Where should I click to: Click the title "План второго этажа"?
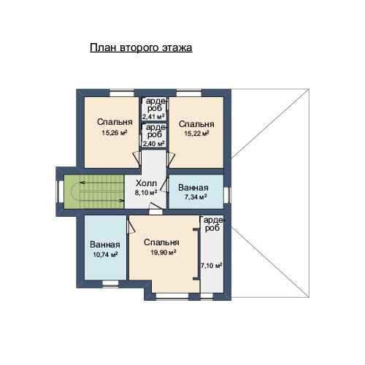pyautogui.click(x=141, y=47)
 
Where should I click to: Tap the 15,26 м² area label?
pyautogui.click(x=115, y=133)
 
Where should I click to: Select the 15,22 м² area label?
pyautogui.click(x=196, y=134)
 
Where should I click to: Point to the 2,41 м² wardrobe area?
pyautogui.click(x=154, y=117)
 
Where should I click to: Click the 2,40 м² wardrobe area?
pyautogui.click(x=154, y=144)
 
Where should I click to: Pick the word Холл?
pyautogui.click(x=146, y=183)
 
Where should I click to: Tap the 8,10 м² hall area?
pyautogui.click(x=146, y=193)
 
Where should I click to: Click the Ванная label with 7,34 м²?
pyautogui.click(x=193, y=188)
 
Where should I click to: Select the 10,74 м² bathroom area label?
pyautogui.click(x=105, y=255)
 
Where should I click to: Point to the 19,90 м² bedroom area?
pyautogui.click(x=164, y=253)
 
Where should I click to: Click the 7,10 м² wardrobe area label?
pyautogui.click(x=211, y=265)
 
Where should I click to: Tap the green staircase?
pyautogui.click(x=94, y=192)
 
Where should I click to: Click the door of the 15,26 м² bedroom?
pyautogui.click(x=137, y=158)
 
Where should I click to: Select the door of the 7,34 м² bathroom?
pyautogui.click(x=164, y=185)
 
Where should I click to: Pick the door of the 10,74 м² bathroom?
pyautogui.click(x=131, y=226)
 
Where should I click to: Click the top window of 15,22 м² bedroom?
pyautogui.click(x=189, y=93)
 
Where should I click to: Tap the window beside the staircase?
pyautogui.click(x=60, y=191)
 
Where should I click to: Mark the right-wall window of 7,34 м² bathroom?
pyautogui.click(x=227, y=195)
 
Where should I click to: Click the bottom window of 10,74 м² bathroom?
pyautogui.click(x=110, y=284)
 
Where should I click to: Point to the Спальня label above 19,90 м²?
pyautogui.click(x=161, y=242)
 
